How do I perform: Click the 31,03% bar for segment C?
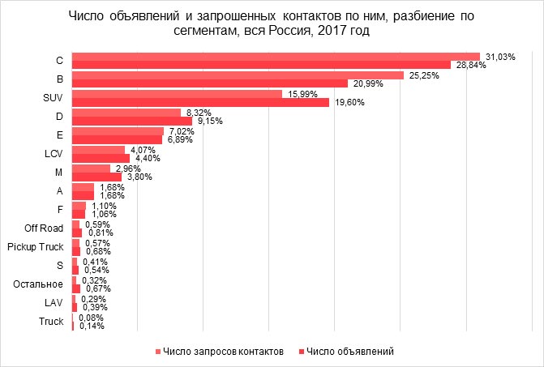point(276,56)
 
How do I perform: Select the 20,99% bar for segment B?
point(209,83)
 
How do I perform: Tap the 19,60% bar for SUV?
point(200,102)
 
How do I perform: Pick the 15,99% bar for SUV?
point(177,93)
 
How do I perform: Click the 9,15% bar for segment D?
point(132,121)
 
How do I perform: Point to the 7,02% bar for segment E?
point(118,130)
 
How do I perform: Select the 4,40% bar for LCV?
point(101,158)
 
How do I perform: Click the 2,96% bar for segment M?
point(91,168)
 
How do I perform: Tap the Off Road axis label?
point(45,228)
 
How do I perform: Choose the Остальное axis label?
point(41,284)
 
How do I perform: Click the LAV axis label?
point(53,303)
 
